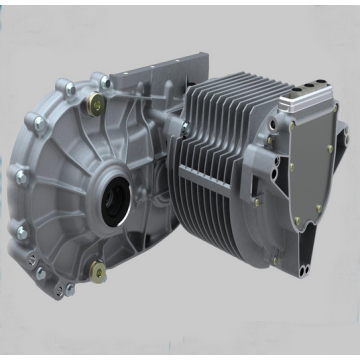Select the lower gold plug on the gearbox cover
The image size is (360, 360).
tap(97, 267)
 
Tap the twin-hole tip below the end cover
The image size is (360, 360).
tap(309, 256)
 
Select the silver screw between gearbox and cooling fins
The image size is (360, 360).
tap(184, 127)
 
